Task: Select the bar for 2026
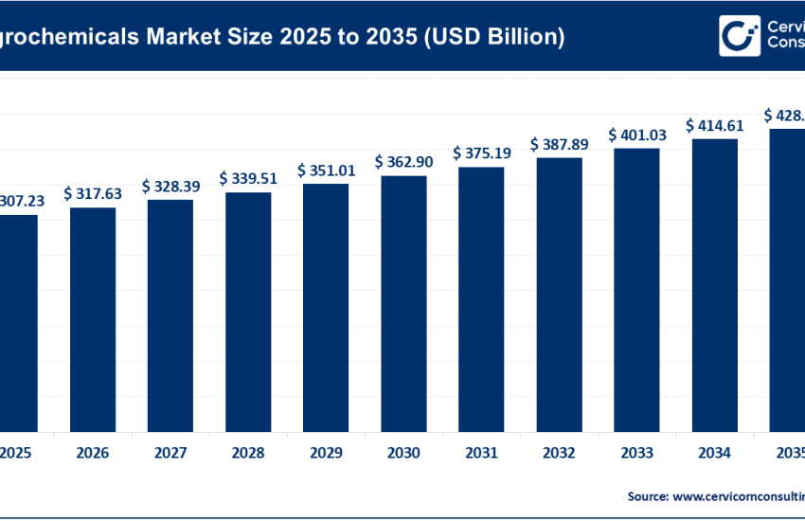pyautogui.click(x=93, y=318)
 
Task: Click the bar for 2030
pyautogui.click(x=403, y=302)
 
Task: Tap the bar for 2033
pyautogui.click(x=636, y=288)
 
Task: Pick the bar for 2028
pyautogui.click(x=248, y=311)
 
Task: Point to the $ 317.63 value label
pyautogui.click(x=93, y=193)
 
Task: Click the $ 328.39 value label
pyautogui.click(x=170, y=186)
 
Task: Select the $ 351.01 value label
pyautogui.click(x=326, y=170)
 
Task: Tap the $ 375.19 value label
pyautogui.click(x=481, y=153)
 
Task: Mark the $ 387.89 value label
pyautogui.click(x=559, y=144)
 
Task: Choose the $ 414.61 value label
pyautogui.click(x=714, y=124)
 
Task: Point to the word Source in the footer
pyautogui.click(x=647, y=495)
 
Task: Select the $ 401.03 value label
pyautogui.click(x=636, y=135)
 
